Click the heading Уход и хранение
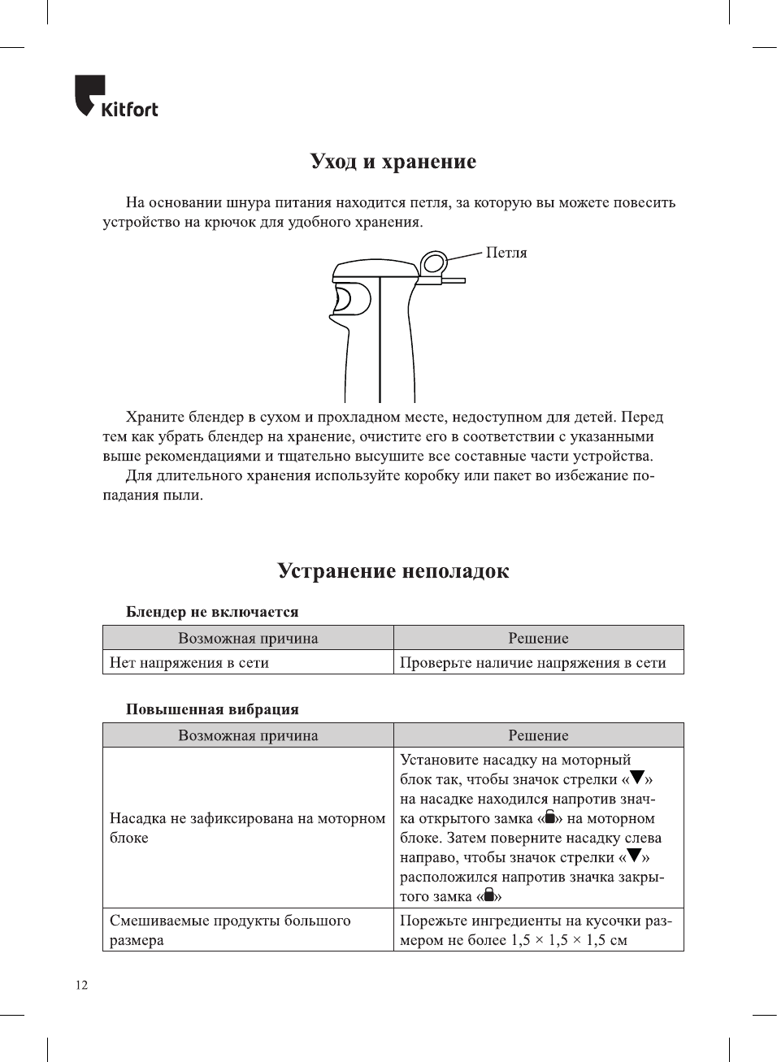pos(393,162)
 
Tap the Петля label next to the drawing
pos(506,253)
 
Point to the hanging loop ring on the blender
pos(434,263)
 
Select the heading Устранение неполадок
pos(393,571)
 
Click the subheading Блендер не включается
pos(212,612)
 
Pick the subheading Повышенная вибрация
pos(212,709)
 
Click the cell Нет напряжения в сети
pos(189,663)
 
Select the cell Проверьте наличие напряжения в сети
pos(532,663)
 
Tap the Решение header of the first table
pos(538,638)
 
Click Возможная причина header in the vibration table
pos(248,735)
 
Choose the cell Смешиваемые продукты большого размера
pos(230,930)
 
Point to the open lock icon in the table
pos(550,817)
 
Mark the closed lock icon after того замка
pos(489,895)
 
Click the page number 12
pos(81,986)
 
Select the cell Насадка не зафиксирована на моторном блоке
pos(247,828)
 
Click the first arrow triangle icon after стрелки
pos(637,778)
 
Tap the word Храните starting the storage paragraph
pos(154,418)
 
